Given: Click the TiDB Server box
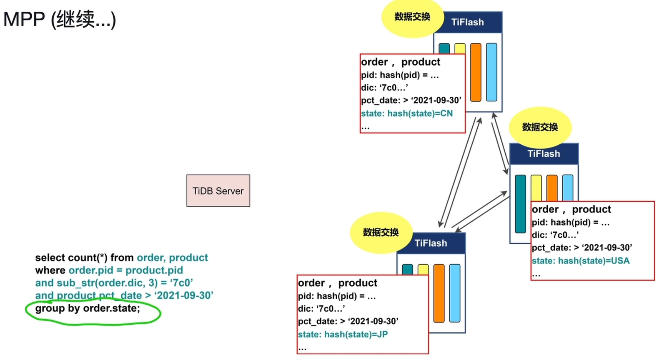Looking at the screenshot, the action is click(x=218, y=190).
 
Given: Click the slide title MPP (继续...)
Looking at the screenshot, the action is click(x=60, y=19).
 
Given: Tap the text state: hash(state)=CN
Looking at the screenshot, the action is click(x=407, y=114).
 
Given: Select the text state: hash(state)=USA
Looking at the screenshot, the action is click(x=580, y=261).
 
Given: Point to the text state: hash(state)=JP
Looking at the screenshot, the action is click(x=343, y=334).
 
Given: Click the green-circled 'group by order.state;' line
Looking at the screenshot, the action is click(x=88, y=308).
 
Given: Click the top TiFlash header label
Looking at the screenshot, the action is click(x=467, y=22).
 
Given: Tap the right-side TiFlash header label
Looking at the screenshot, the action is click(x=544, y=154).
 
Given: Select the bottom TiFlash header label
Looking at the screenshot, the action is click(x=431, y=243).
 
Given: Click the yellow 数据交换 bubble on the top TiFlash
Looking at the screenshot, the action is click(x=412, y=17).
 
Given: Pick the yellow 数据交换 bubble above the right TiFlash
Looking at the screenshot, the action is click(x=540, y=127).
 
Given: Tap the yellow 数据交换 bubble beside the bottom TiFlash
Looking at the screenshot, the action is click(x=381, y=232).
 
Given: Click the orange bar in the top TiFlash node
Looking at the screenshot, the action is click(x=475, y=72).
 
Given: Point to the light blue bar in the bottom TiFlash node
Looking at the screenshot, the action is click(x=455, y=293).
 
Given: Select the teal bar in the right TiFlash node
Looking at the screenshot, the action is click(x=520, y=204).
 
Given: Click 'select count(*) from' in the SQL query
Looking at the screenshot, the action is click(x=85, y=257).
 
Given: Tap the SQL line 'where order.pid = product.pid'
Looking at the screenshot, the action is click(x=109, y=270).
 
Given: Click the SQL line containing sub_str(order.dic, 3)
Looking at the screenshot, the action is click(x=114, y=283).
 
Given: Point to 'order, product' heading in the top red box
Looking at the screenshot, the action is click(x=401, y=62).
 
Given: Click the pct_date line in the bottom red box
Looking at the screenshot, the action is click(x=348, y=321).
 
